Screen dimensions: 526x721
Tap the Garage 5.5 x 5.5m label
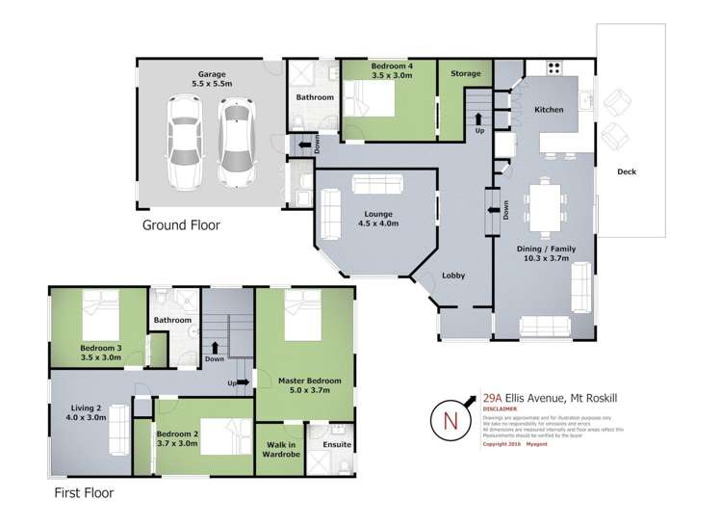[x=211, y=79]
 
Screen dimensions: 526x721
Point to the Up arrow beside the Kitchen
[x=478, y=122]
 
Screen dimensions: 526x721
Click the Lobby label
[x=452, y=276]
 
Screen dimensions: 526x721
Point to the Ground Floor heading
[x=181, y=225]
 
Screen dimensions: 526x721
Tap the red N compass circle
[x=451, y=420]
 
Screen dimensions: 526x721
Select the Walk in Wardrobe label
[x=280, y=450]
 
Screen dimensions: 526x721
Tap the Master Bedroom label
[x=307, y=385]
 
